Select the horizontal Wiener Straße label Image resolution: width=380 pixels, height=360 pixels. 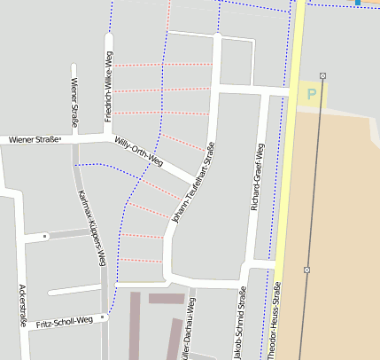35,139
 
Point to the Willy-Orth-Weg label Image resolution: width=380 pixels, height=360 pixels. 140,152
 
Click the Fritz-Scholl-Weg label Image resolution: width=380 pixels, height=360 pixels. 65,321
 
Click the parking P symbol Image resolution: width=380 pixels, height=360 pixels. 311,92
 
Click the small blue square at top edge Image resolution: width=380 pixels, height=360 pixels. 358,2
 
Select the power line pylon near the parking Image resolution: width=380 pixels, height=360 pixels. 322,75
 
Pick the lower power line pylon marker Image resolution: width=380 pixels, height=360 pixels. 306,269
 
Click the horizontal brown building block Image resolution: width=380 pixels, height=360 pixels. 166,299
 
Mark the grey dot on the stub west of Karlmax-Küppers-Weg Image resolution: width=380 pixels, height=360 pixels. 45,236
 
